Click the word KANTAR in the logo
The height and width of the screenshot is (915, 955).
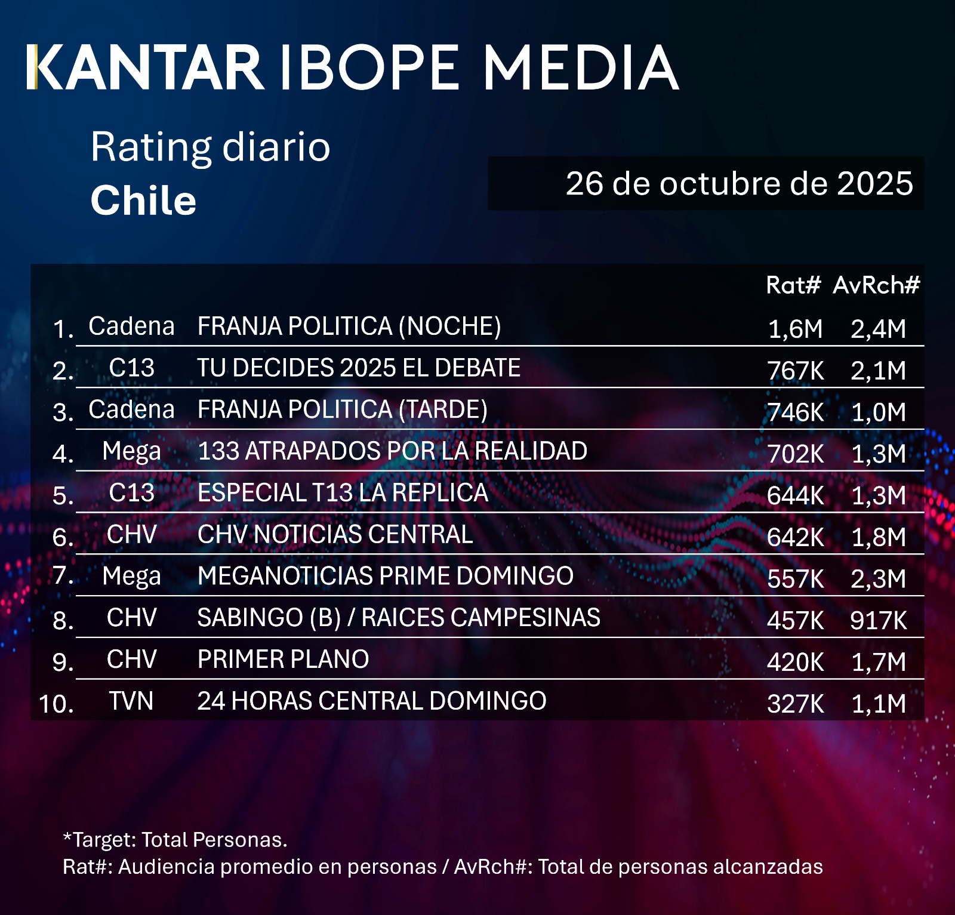coord(146,67)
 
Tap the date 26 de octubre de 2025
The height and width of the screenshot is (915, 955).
coord(739,183)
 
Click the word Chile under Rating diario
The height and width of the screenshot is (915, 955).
coord(143,200)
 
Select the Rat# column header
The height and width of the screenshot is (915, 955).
coord(793,285)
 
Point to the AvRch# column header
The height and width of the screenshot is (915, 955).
coord(876,285)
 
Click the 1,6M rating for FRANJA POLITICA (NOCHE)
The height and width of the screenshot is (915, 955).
coord(795,329)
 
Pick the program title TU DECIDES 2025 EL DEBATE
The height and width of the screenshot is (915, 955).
coord(359,368)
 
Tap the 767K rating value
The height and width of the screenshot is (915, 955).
coord(795,371)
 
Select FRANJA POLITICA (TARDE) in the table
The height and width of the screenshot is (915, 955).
coord(342,409)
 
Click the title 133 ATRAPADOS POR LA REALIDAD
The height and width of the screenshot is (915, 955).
coord(392,451)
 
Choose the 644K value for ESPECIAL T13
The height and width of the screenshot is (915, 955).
coord(795,495)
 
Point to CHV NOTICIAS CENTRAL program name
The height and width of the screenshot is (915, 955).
coord(335,534)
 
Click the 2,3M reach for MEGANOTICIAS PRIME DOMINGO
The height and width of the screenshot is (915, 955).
coord(878,579)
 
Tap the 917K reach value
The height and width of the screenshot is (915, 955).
coord(878,621)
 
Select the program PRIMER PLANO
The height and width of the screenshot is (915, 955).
coord(283,660)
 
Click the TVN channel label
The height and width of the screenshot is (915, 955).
coord(131,701)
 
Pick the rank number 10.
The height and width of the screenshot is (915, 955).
coord(56,704)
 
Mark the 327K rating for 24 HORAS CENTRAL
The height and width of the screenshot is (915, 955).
coord(795,704)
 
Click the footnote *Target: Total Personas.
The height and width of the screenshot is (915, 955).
coord(175,840)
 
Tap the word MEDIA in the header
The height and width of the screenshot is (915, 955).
coord(580,67)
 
